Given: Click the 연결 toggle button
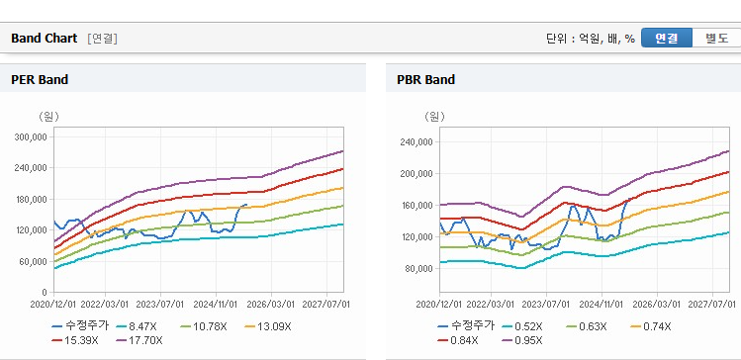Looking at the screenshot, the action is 667,38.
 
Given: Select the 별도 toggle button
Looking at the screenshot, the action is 716,38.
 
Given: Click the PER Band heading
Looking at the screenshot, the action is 40,79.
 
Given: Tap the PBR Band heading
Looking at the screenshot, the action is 426,79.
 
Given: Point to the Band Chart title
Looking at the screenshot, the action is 44,39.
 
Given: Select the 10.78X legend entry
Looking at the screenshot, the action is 204,326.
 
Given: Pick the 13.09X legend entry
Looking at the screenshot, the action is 268,326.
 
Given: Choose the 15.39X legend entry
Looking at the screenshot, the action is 75,340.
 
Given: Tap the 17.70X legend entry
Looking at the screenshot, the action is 139,340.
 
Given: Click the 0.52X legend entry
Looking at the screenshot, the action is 522,326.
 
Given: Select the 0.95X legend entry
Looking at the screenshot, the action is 522,340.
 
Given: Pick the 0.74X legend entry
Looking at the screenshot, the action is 651,326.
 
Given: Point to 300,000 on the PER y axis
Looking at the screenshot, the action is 32,137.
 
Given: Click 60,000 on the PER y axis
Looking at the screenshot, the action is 35,261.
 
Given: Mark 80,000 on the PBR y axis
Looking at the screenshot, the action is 420,268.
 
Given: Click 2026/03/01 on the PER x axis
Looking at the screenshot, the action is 271,304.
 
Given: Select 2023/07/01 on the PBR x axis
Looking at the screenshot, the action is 546,304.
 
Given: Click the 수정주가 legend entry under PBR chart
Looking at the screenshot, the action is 466,326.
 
